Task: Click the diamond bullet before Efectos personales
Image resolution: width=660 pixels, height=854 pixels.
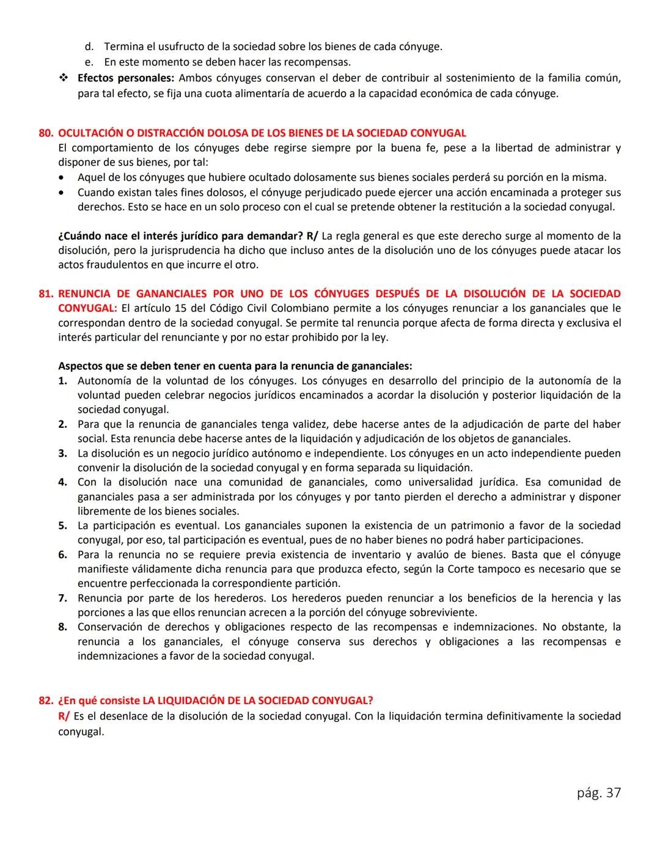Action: click(x=64, y=78)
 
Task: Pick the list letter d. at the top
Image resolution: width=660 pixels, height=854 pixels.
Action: click(x=89, y=46)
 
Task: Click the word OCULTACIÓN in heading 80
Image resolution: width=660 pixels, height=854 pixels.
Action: click(x=92, y=133)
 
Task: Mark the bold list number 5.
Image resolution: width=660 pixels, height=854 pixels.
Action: click(x=62, y=526)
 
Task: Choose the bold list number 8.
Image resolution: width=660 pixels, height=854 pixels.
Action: click(x=62, y=627)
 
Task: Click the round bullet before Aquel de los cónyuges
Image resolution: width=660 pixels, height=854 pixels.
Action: click(x=62, y=178)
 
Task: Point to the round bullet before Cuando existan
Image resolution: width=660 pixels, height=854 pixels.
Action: click(x=62, y=193)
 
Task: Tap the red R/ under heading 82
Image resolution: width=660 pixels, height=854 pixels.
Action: click(x=64, y=716)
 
